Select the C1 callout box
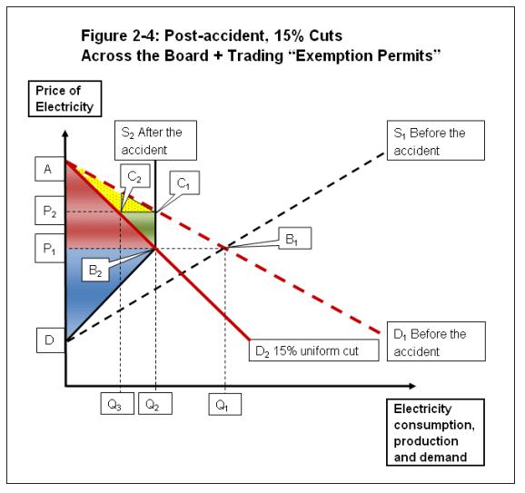click(x=183, y=183)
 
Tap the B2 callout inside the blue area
click(x=96, y=270)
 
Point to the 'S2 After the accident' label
click(x=154, y=141)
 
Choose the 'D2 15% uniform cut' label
click(x=312, y=350)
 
